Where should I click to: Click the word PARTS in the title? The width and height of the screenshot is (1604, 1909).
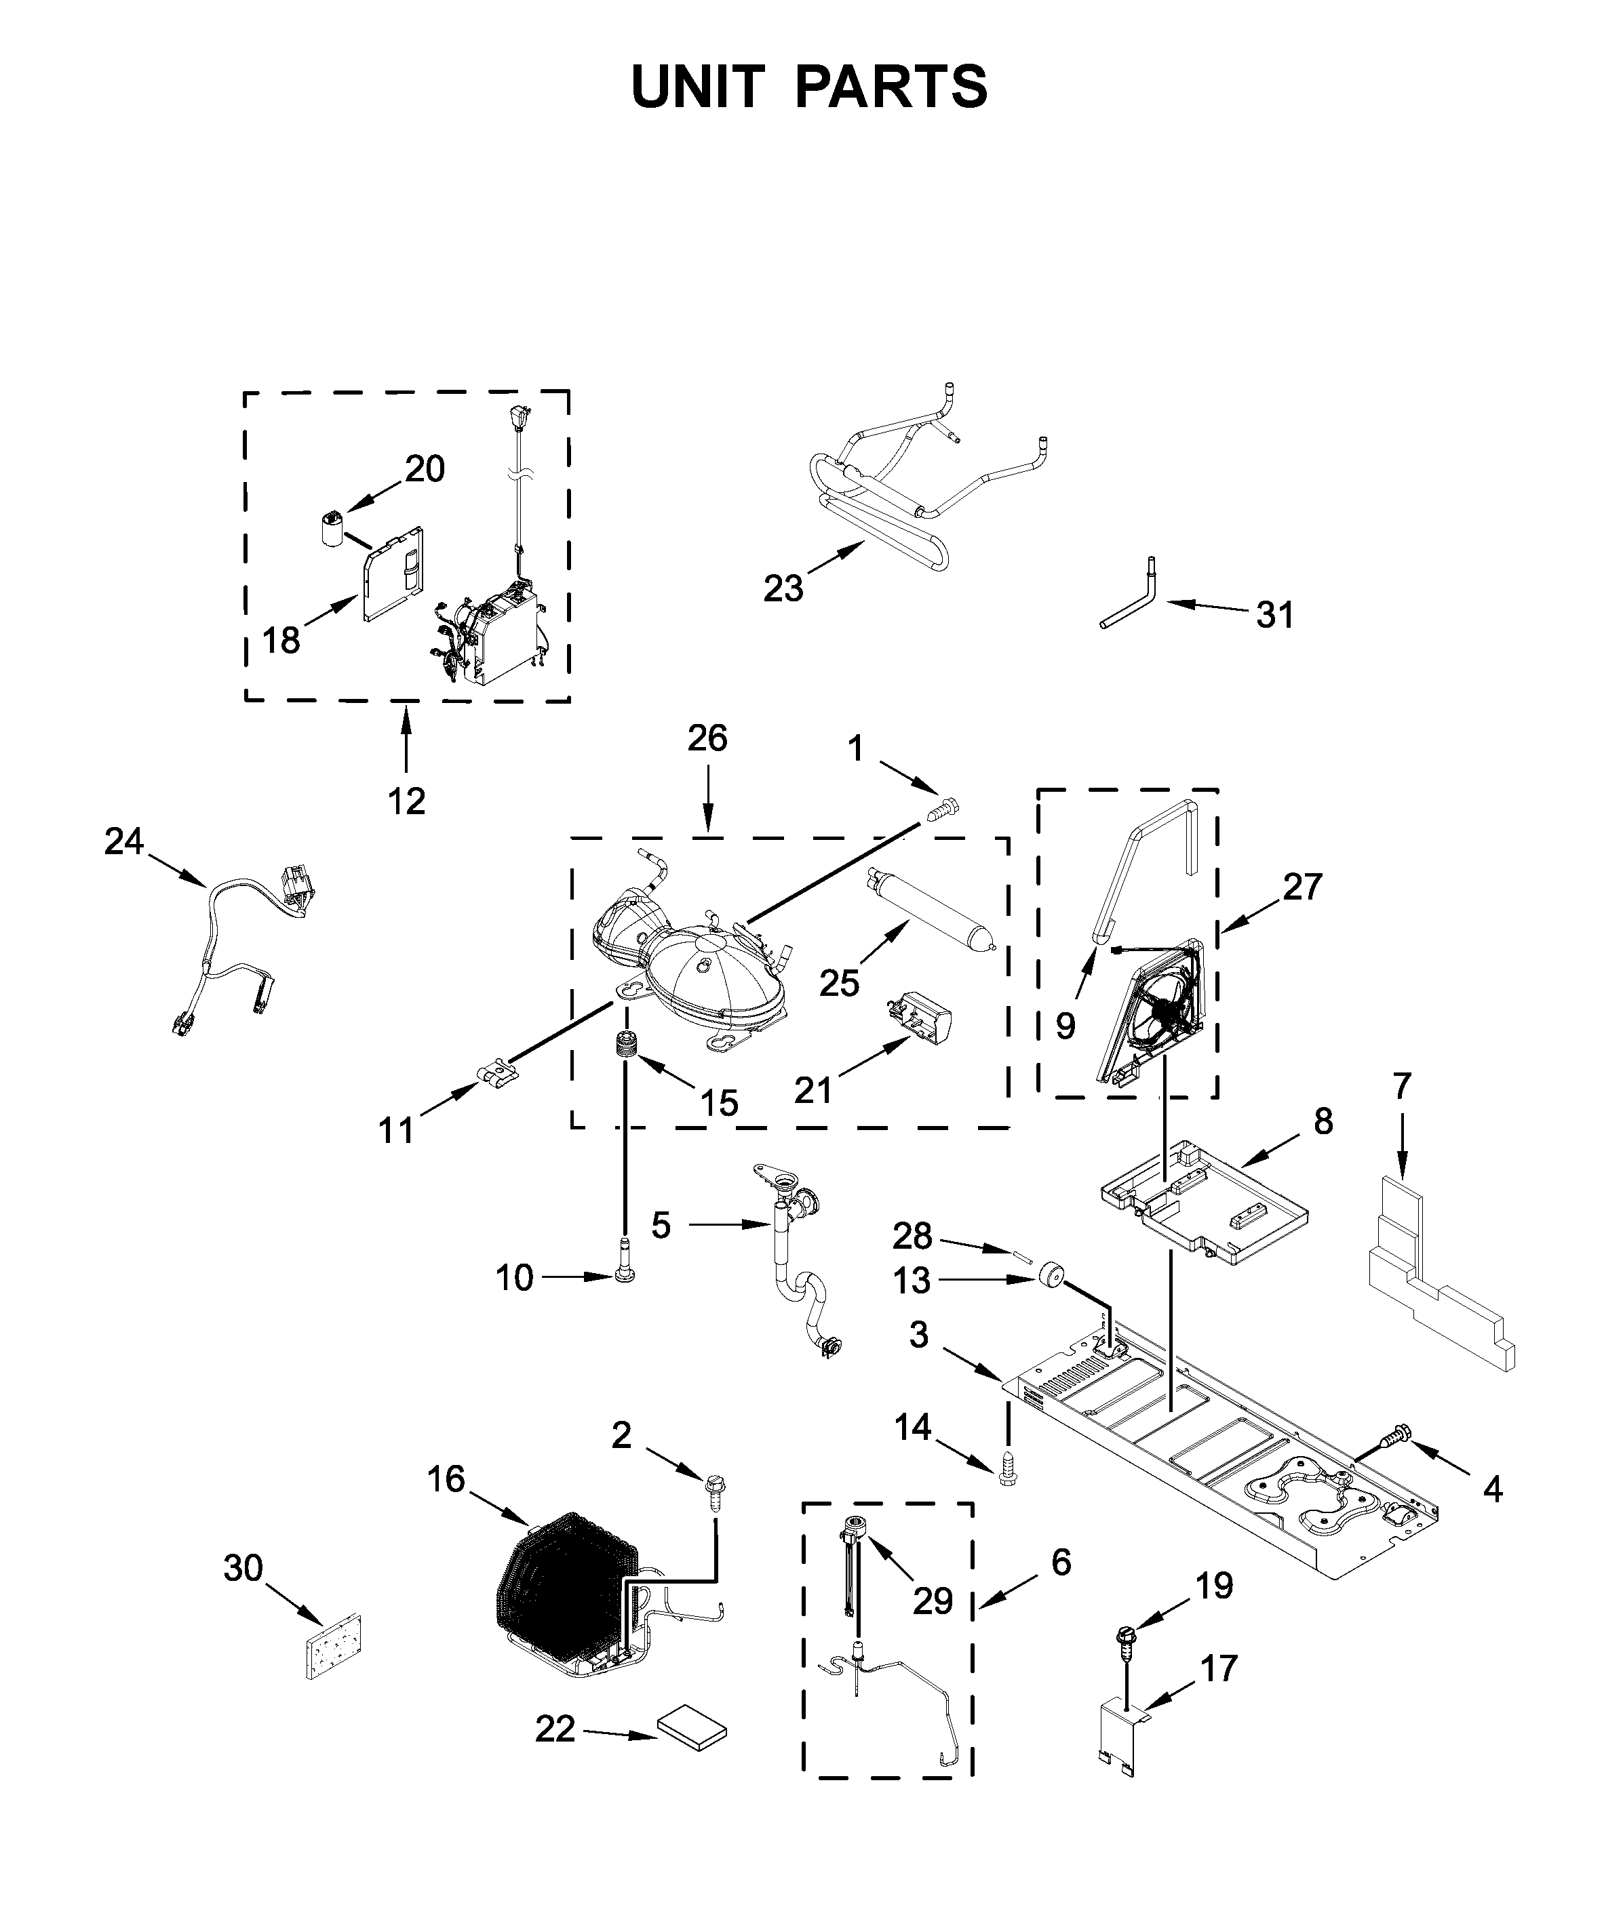(x=891, y=87)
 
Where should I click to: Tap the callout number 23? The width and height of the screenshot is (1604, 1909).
(x=783, y=588)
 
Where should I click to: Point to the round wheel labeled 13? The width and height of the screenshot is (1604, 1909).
(x=1052, y=1274)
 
